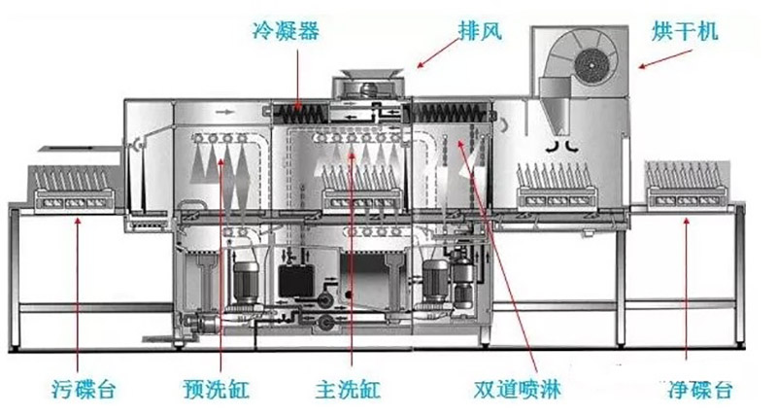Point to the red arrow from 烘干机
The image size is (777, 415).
659,60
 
